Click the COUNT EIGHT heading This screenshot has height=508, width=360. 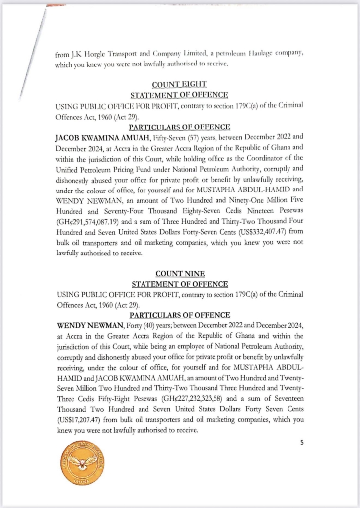(179, 85)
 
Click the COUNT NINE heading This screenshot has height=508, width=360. (179, 274)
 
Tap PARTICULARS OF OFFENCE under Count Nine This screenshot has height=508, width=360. (179, 315)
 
